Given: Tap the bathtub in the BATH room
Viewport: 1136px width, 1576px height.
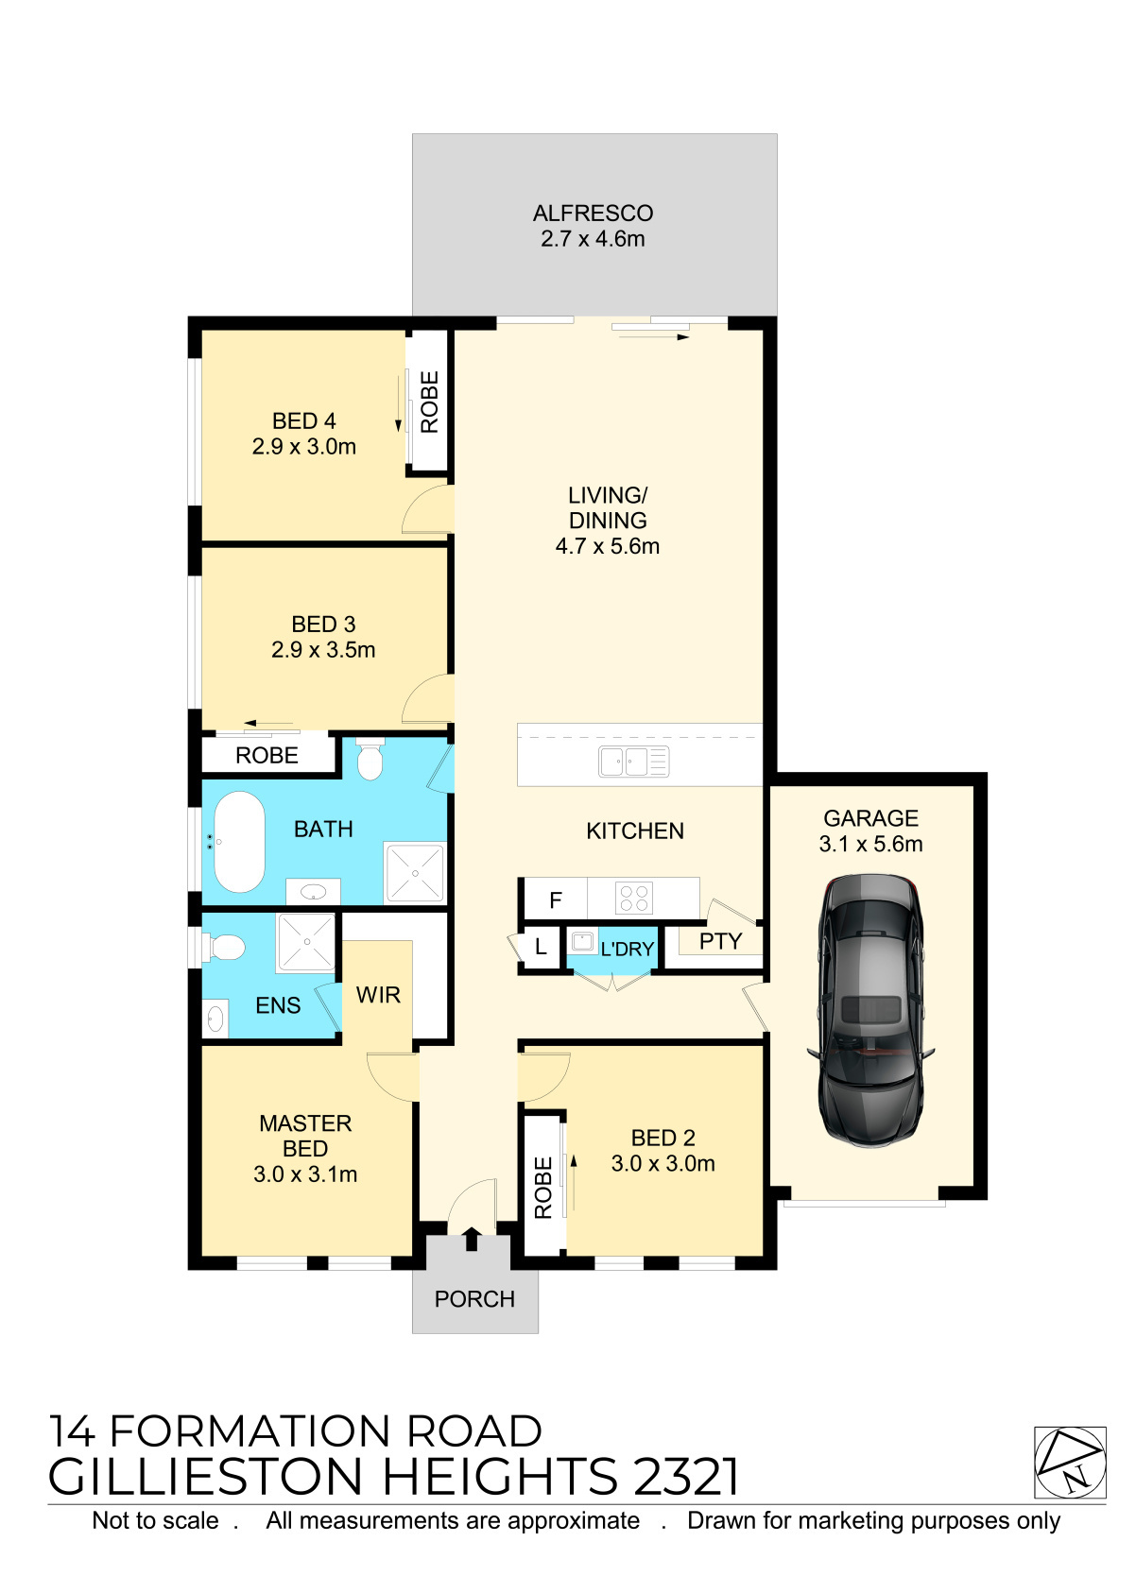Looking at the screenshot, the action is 239,842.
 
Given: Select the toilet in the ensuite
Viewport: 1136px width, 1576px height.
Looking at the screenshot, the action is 224,947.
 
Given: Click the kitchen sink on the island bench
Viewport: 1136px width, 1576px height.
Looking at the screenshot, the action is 633,762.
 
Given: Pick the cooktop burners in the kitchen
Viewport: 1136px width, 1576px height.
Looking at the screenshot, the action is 633,899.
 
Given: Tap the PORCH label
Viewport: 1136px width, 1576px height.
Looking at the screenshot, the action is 474,1299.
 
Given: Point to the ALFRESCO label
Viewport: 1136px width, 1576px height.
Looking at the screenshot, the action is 593,213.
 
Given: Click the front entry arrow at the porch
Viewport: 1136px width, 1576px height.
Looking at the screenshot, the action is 472,1239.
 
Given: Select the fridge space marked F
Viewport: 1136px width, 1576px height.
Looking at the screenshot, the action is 556,899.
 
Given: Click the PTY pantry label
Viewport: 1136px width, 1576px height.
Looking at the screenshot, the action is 720,941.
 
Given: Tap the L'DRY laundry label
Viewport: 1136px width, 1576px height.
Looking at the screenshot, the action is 628,950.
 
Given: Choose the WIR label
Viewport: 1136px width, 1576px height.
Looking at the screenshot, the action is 378,995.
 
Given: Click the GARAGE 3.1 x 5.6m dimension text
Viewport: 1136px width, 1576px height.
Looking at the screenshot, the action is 870,844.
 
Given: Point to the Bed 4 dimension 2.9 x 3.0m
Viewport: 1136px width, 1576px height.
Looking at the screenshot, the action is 304,446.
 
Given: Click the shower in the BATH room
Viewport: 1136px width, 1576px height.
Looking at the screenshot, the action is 415,872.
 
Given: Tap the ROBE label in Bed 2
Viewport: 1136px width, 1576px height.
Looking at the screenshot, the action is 542,1188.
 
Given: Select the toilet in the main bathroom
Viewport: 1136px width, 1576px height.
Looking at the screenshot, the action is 370,759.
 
